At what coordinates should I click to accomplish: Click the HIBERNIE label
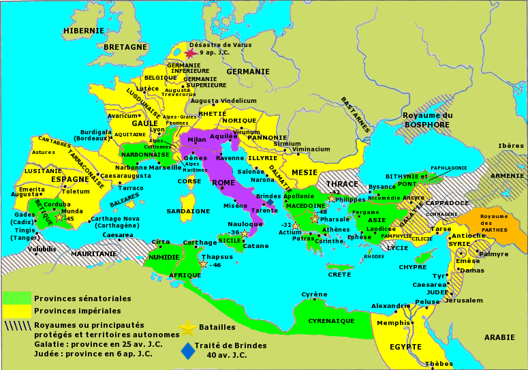click(x=84, y=31)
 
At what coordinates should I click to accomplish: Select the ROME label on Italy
click(x=223, y=183)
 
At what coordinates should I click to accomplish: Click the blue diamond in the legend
click(x=187, y=350)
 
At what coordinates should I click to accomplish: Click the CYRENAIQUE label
click(x=331, y=320)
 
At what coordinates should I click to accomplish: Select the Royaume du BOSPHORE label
click(x=427, y=120)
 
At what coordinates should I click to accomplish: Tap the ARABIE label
click(x=499, y=337)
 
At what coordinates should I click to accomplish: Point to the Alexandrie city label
click(x=390, y=306)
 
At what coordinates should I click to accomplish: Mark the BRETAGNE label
click(x=126, y=47)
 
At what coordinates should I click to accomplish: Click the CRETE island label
click(x=339, y=274)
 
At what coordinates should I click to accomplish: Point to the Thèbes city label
click(x=439, y=364)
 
